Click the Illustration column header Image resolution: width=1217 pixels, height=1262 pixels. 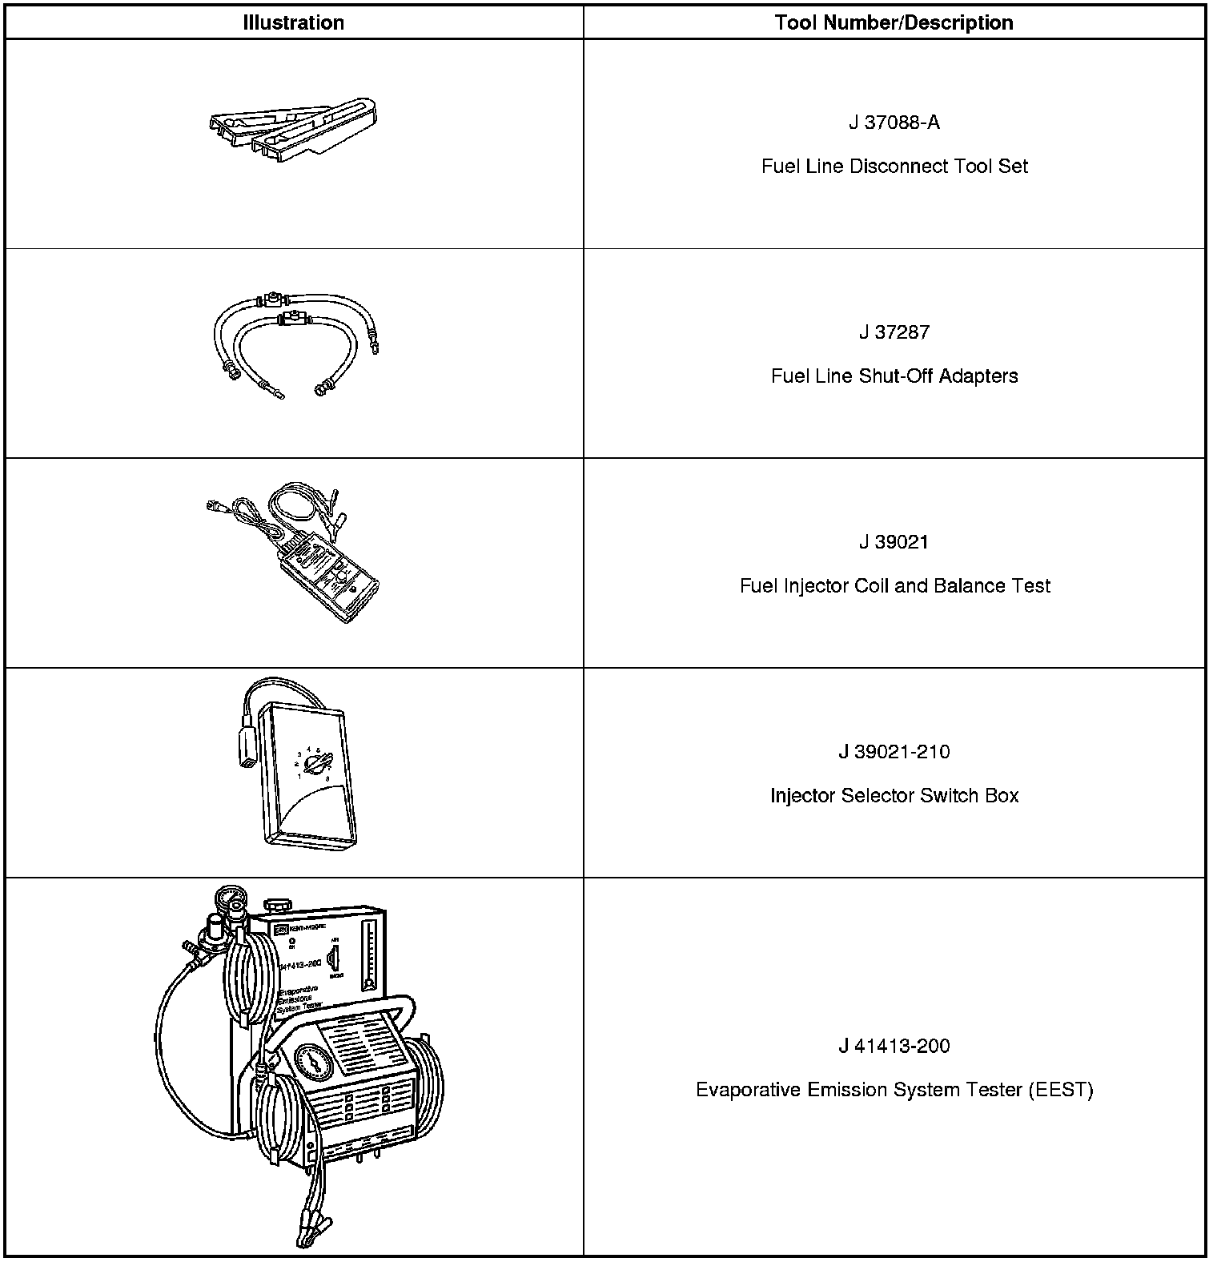[293, 22]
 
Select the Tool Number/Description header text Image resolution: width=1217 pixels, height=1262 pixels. [894, 22]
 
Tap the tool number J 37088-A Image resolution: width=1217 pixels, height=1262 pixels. [894, 123]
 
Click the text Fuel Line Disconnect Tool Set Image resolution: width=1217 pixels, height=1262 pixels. [894, 167]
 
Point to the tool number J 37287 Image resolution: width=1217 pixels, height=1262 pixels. [894, 332]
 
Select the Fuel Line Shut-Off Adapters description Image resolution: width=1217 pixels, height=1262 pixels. [894, 376]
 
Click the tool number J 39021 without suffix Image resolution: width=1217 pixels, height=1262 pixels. [894, 542]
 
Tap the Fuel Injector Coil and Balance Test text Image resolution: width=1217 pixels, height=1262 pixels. [894, 586]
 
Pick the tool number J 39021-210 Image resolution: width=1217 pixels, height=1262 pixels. [894, 752]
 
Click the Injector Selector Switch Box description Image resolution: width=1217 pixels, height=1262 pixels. [894, 796]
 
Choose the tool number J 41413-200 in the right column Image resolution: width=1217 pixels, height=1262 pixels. [894, 1046]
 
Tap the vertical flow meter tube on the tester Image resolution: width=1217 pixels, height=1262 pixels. [368, 954]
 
